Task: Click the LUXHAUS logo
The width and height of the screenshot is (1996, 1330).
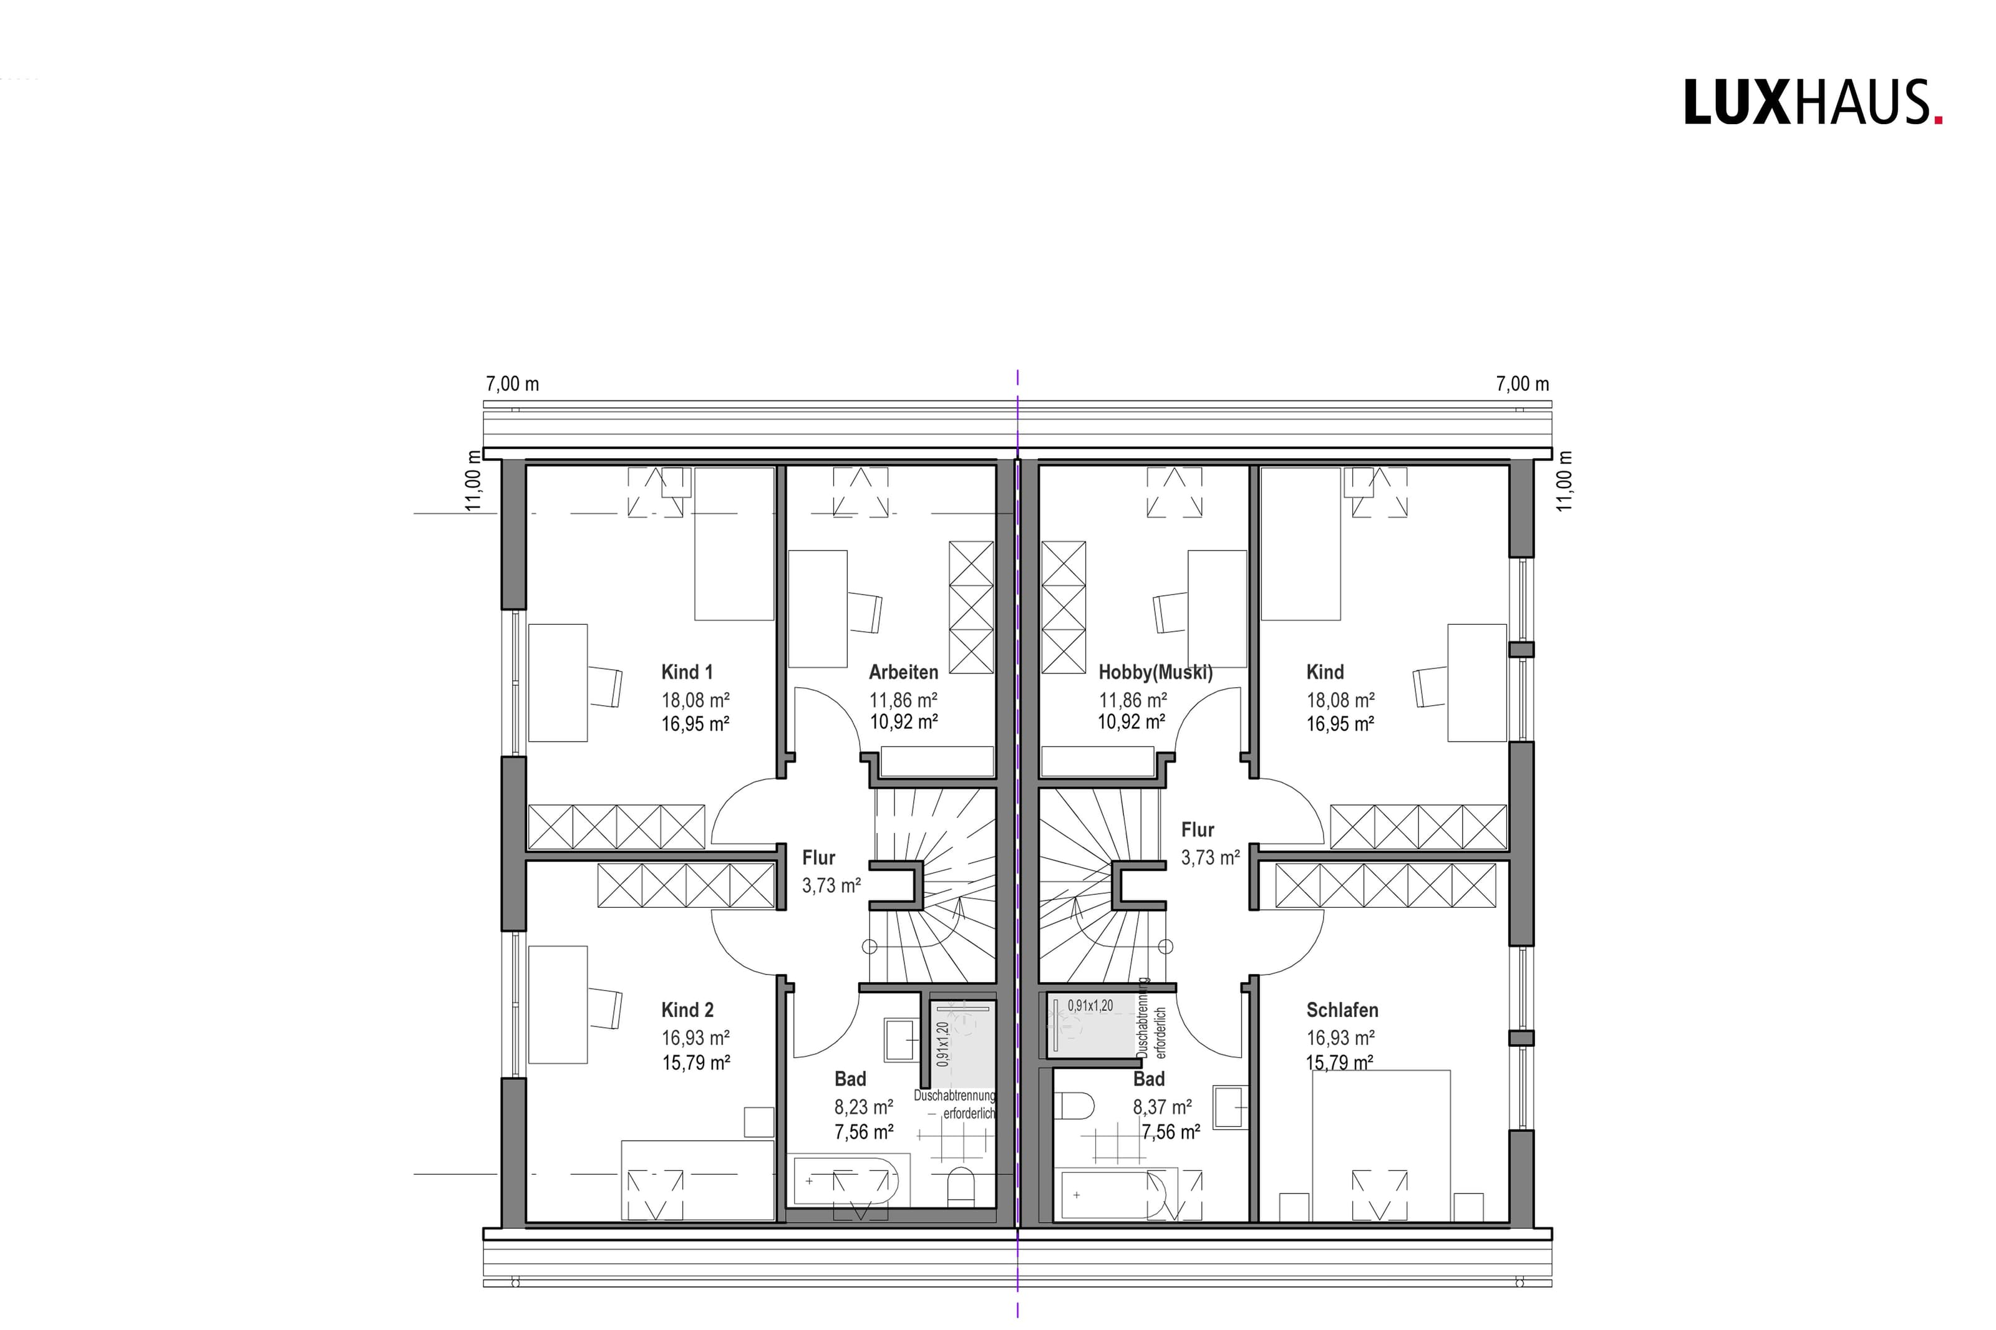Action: [x=1813, y=103]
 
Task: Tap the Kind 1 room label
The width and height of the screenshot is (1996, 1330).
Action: [x=687, y=672]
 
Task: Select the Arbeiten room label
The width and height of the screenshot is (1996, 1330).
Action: [x=903, y=672]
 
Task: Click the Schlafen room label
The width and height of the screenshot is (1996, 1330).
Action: [x=1342, y=1010]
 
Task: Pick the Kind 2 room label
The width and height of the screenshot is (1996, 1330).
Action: [x=687, y=1010]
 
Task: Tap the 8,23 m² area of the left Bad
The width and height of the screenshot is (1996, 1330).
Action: [x=863, y=1107]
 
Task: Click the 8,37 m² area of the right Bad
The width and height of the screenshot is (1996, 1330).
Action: [x=1162, y=1107]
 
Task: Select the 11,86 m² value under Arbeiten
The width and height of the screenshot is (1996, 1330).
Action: [x=903, y=700]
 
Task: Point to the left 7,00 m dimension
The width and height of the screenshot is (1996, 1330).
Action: [x=512, y=383]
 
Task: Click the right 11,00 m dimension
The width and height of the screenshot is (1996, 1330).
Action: [x=1564, y=480]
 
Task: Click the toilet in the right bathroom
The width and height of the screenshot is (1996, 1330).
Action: [x=1077, y=1106]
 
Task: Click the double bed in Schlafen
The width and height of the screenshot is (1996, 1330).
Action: [x=1380, y=1145]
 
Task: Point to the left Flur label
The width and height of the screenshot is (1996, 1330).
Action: [x=818, y=857]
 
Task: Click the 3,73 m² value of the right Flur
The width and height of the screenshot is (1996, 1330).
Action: [x=1211, y=857]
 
